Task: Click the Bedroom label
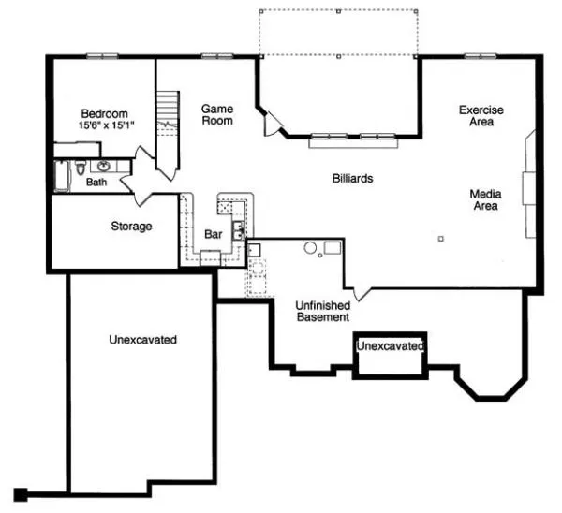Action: point(105,109)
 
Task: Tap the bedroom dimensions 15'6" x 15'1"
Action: point(105,123)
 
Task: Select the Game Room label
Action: point(217,114)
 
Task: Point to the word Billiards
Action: point(353,178)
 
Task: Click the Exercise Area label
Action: point(481,116)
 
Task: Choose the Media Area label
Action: point(485,199)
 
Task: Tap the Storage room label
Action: point(131,227)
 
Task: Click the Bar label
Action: point(213,234)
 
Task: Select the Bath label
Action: point(96,183)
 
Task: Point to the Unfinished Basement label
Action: point(323,311)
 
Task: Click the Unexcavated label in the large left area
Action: point(142,340)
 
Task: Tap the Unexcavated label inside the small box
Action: point(390,347)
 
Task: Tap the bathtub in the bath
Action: point(62,176)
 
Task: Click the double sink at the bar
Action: point(240,227)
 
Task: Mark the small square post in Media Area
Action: point(441,238)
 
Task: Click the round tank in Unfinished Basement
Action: point(310,248)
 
